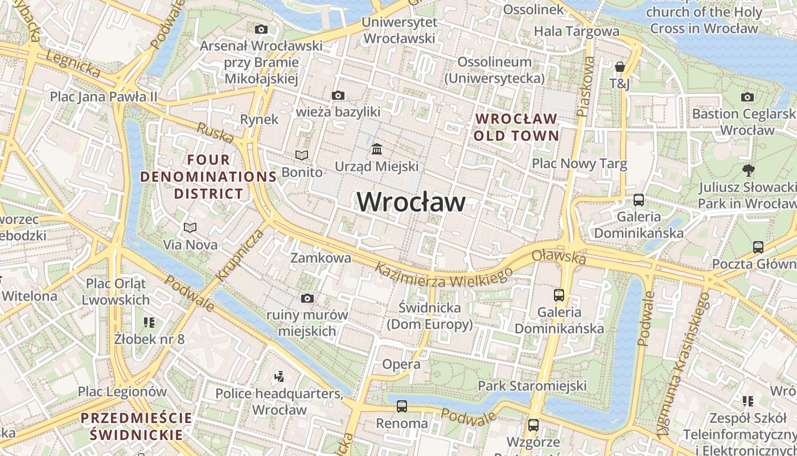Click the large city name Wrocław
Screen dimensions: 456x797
(411, 202)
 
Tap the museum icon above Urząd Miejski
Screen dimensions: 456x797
(376, 149)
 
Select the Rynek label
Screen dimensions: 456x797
(260, 119)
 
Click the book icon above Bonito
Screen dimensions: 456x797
(301, 155)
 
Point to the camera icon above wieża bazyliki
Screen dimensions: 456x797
(338, 95)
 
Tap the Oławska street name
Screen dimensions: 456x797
(558, 256)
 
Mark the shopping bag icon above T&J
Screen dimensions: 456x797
(619, 67)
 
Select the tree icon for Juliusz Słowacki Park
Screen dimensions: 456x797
(748, 170)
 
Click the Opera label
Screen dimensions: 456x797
(401, 364)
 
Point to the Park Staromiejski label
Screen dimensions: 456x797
(532, 386)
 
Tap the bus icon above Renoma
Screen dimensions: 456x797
(402, 406)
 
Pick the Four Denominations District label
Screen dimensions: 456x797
(208, 177)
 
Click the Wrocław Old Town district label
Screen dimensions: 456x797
(516, 127)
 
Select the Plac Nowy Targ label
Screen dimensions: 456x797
(579, 164)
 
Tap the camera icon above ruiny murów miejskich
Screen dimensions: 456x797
(307, 298)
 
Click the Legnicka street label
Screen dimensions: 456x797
(73, 64)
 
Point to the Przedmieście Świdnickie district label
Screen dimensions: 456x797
(137, 426)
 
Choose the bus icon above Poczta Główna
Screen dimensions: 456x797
(758, 247)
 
